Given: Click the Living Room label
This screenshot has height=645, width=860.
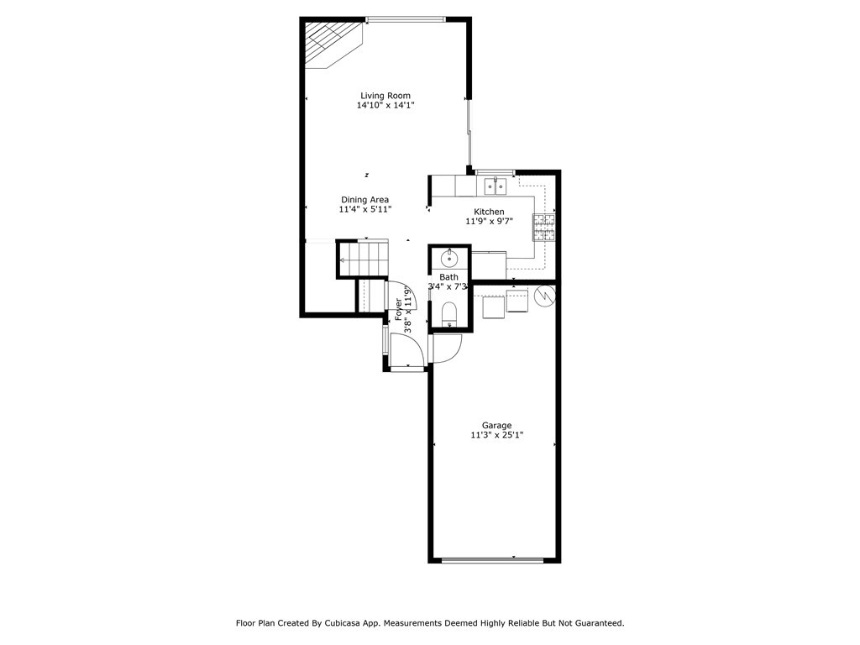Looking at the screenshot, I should click(385, 96).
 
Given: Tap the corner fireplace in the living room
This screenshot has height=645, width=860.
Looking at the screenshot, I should click(330, 44).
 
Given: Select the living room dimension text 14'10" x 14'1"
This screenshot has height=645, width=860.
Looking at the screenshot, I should click(385, 106).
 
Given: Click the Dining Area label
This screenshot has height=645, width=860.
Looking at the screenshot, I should click(364, 200).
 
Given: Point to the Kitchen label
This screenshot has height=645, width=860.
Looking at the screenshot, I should click(489, 212).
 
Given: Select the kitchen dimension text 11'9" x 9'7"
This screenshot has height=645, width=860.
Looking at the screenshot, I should click(489, 222).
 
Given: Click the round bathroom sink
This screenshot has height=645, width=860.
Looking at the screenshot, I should click(448, 257).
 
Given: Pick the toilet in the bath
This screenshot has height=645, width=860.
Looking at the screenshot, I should click(448, 314).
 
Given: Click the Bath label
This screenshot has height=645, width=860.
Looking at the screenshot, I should click(449, 277).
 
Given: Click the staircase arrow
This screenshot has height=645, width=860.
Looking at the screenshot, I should click(343, 261).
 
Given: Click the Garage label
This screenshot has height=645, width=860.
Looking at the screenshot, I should click(496, 425).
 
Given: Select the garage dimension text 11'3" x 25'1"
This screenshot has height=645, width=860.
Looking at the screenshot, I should click(496, 435).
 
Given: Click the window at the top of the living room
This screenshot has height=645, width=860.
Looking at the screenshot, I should click(406, 18).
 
